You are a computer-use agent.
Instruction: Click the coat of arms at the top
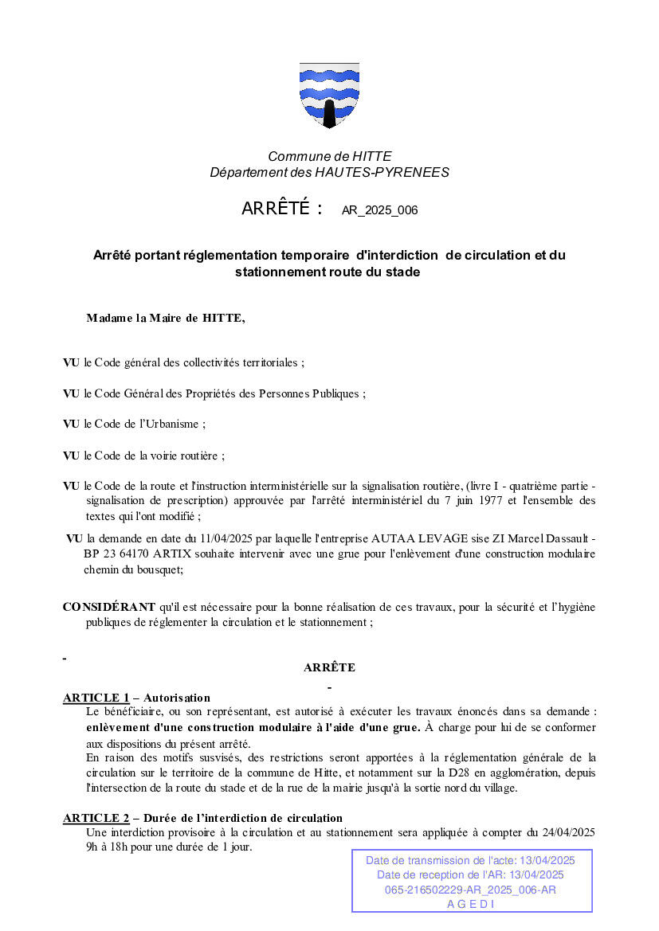pyautogui.click(x=329, y=95)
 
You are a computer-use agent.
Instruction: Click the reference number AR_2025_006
pyautogui.click(x=379, y=211)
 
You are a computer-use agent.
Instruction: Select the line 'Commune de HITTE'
pyautogui.click(x=329, y=157)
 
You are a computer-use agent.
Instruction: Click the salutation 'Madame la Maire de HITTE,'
pyautogui.click(x=166, y=319)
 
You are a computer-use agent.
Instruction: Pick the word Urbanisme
pyautogui.click(x=175, y=424)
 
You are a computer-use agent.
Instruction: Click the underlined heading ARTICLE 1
pyautogui.click(x=96, y=698)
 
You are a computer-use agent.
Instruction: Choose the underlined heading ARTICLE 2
pyautogui.click(x=96, y=818)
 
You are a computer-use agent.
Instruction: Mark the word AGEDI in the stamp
pyautogui.click(x=471, y=904)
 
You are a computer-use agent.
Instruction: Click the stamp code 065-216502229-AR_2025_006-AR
pyautogui.click(x=471, y=890)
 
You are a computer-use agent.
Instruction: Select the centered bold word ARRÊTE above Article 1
pyautogui.click(x=329, y=667)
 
